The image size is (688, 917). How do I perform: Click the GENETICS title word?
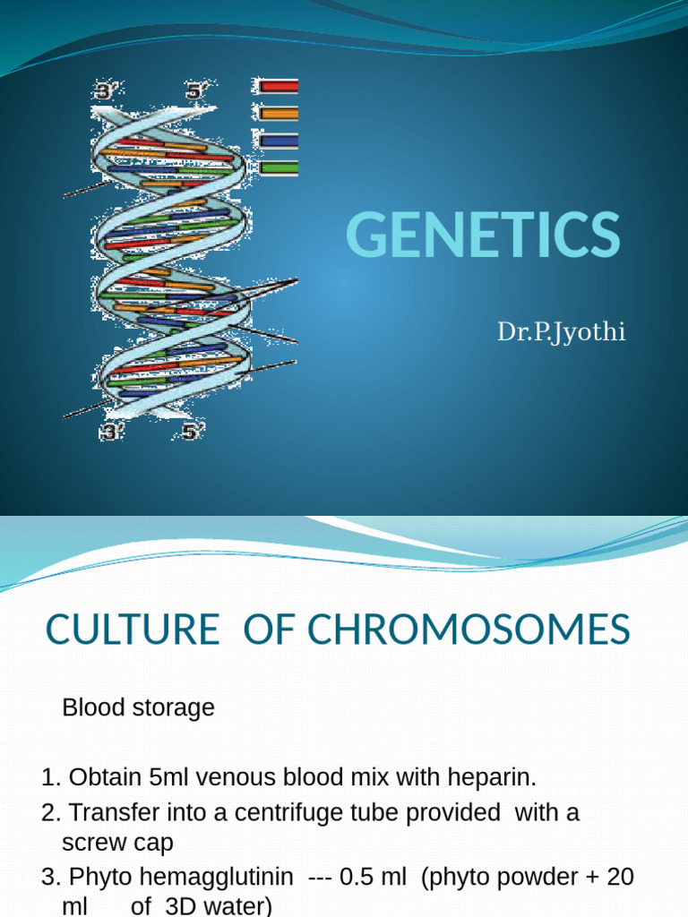pos(482,236)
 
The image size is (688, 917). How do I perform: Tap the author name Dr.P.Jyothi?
pos(562,333)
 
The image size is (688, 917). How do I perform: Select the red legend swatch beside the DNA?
pos(279,87)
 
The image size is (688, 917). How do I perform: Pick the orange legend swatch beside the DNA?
pos(279,114)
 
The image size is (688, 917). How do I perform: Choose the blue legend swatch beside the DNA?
pos(279,141)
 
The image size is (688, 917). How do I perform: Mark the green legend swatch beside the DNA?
pos(279,167)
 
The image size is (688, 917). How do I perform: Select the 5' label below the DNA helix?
pos(192,432)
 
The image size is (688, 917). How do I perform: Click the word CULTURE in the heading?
pos(132,630)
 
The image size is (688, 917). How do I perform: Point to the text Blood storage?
pos(138,707)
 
